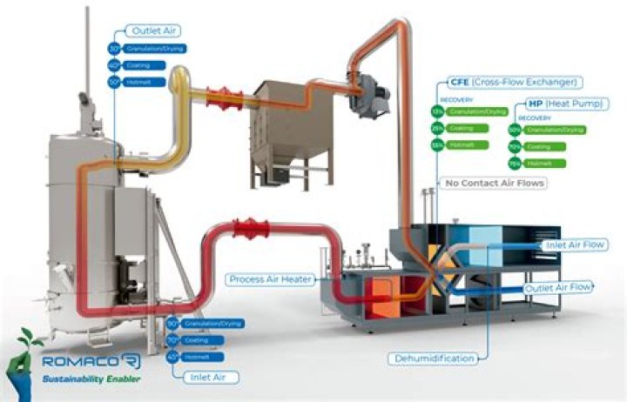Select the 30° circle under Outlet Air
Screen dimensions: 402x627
[113, 50]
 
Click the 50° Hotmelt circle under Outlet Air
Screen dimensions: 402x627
[113, 82]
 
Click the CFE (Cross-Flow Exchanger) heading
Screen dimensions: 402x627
[513, 82]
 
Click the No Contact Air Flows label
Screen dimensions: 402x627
[496, 183]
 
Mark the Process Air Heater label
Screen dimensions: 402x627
[271, 279]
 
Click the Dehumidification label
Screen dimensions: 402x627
[433, 358]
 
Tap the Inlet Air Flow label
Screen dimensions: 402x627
[576, 245]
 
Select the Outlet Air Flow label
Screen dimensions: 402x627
[557, 286]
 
